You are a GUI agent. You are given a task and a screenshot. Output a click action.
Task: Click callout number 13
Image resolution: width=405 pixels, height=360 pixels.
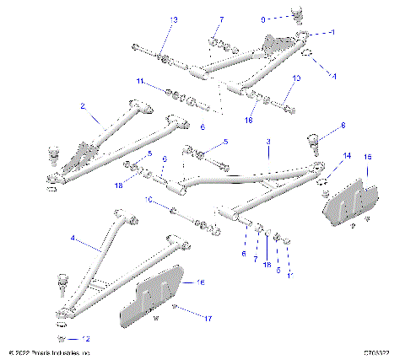click(174, 19)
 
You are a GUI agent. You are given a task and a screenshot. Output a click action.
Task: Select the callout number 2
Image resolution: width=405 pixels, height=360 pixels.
click(83, 106)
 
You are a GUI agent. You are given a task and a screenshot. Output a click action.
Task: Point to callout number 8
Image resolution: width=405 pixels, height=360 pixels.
click(343, 126)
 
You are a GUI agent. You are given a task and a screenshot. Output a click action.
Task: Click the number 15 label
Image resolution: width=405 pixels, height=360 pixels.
click(367, 158)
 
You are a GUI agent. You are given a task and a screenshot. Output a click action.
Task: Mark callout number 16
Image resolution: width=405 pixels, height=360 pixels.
click(200, 282)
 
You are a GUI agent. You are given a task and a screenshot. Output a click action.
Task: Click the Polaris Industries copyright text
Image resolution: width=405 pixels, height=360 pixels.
click(48, 352)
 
